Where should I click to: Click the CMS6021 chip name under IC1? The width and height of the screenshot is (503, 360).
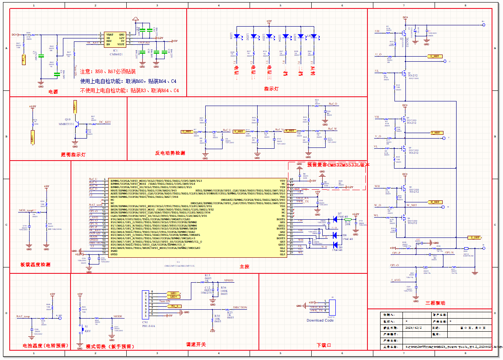tap(116, 54)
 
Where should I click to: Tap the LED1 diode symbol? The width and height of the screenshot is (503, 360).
tap(237, 36)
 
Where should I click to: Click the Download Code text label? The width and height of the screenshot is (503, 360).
tap(320, 320)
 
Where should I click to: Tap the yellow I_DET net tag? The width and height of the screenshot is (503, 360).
tap(475, 238)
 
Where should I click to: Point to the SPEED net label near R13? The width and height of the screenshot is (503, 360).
tap(228, 281)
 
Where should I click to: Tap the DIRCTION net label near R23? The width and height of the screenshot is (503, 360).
tap(240, 308)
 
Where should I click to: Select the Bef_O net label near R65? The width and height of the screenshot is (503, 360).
tap(333, 104)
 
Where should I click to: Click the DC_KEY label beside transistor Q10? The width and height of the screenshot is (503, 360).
tap(105, 122)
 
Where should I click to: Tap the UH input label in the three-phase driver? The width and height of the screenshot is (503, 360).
tap(377, 31)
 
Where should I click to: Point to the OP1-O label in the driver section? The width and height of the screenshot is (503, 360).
tap(394, 265)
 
